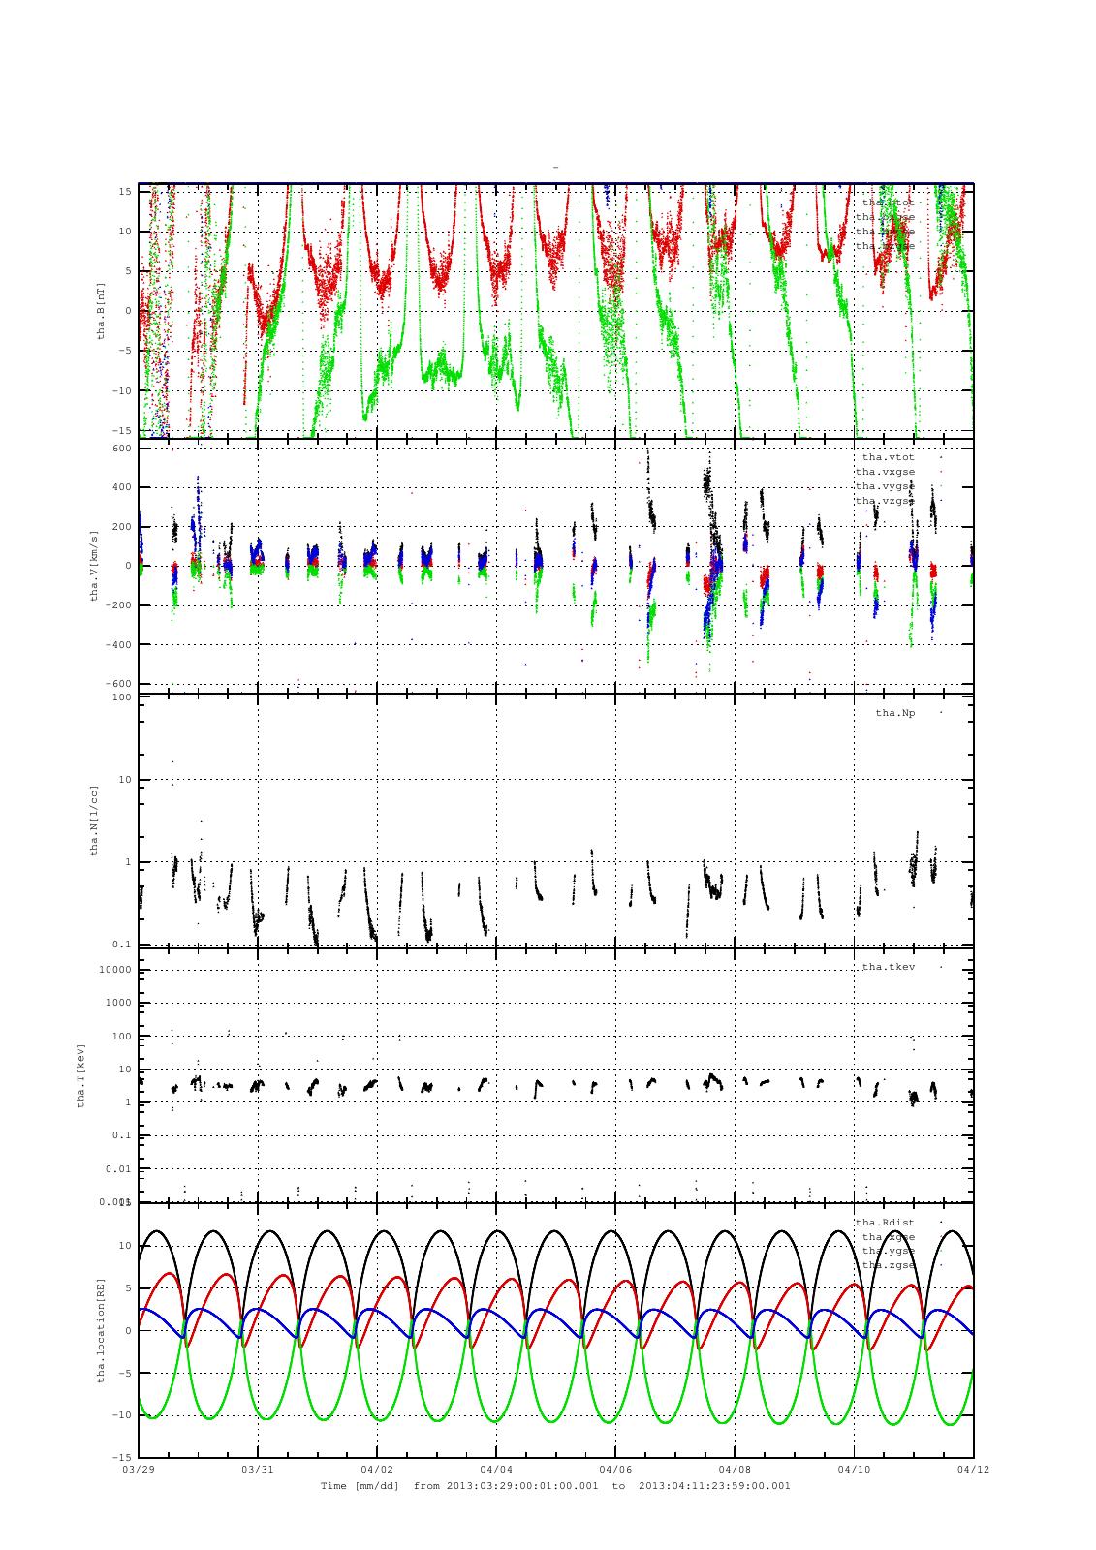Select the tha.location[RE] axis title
[100, 1329]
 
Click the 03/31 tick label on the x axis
[258, 1470]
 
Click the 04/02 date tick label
[377, 1470]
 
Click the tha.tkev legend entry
[888, 967]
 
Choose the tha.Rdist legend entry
[884, 1222]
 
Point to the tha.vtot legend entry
[888, 456]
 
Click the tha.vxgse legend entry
[885, 472]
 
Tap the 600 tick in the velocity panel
[121, 448]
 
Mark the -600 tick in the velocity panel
[118, 684]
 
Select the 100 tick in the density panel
[121, 697]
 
